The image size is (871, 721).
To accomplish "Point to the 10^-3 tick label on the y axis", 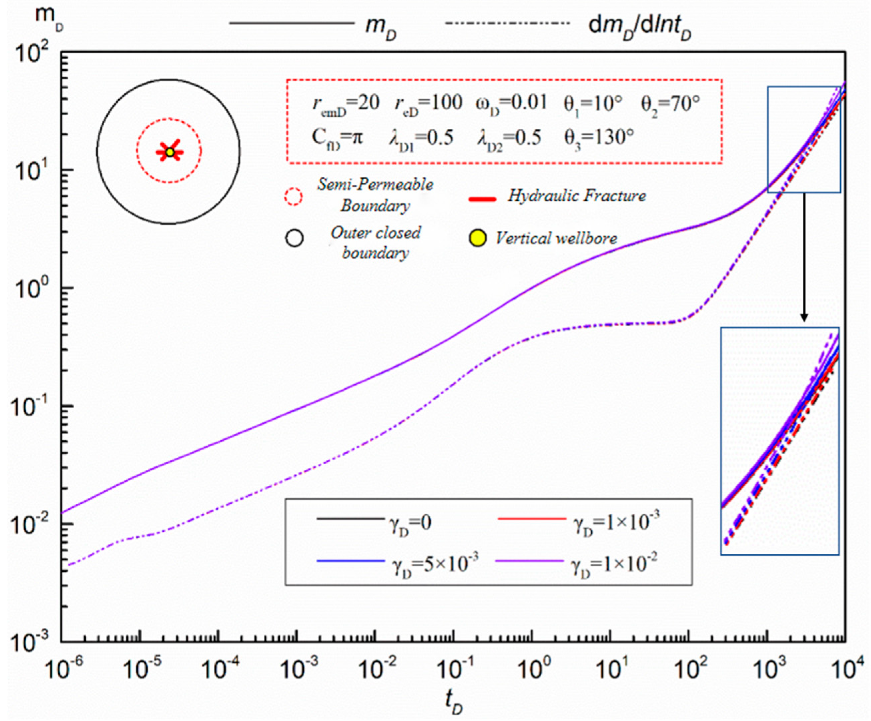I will click(31, 643).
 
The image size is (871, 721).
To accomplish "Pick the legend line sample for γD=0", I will click(350, 519).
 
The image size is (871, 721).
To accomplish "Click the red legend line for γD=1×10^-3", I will click(532, 519).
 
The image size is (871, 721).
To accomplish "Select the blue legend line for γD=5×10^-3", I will click(350, 561).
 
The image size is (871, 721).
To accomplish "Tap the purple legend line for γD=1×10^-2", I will click(529, 561).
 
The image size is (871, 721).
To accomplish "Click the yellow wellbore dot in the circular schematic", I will click(169, 152).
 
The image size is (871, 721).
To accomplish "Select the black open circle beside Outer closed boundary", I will click(294, 238).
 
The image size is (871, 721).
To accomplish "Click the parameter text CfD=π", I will click(337, 137).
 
